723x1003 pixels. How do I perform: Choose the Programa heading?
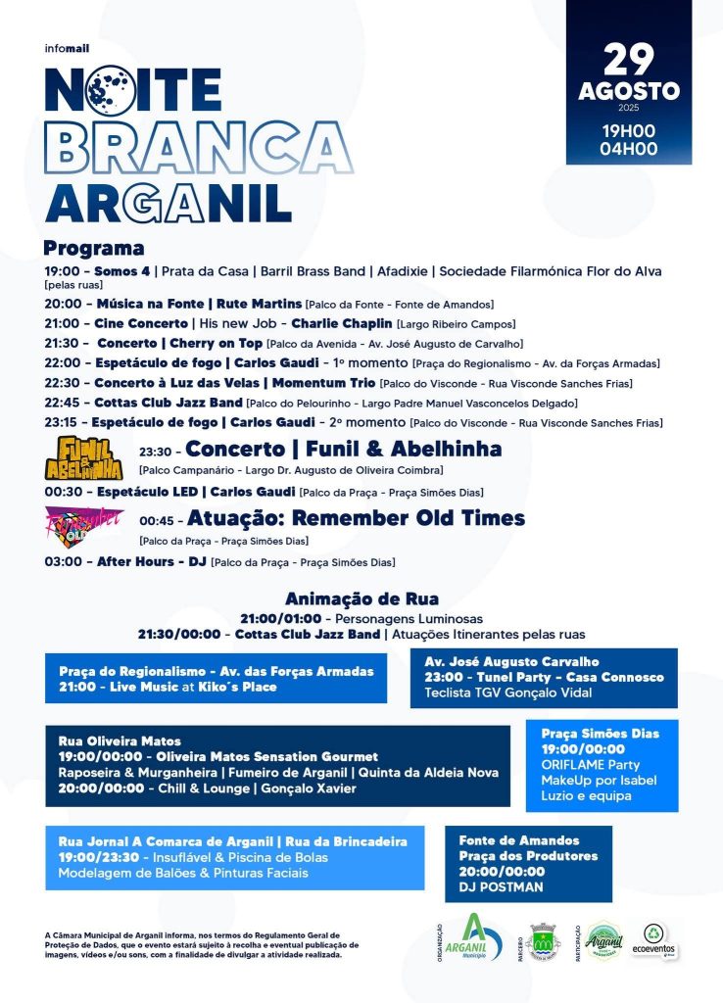point(94,248)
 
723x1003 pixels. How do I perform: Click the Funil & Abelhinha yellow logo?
point(85,457)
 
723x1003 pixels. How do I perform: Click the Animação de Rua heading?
point(361,598)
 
